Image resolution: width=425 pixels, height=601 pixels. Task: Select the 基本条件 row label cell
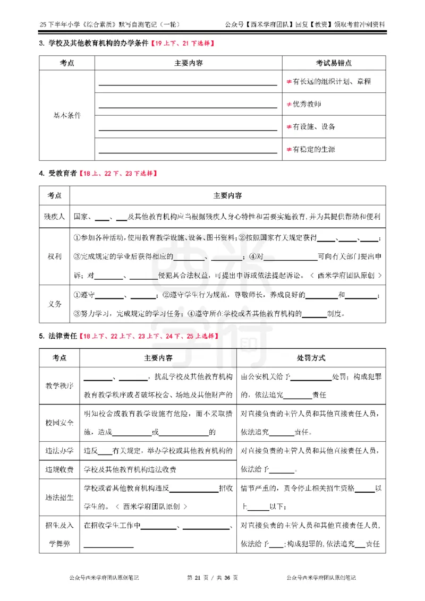[x=67, y=115]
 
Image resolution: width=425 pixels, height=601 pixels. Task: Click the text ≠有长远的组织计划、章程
[x=328, y=82]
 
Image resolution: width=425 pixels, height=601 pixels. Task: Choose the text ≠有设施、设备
[x=310, y=127]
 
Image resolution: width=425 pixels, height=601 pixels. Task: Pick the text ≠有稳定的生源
[x=310, y=149]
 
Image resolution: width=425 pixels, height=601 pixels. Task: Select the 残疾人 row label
[x=54, y=217]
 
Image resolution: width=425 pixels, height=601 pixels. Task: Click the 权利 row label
[x=54, y=256]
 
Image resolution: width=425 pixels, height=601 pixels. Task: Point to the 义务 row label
[x=54, y=304]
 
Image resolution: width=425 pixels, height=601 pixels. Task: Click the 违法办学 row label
[x=59, y=451]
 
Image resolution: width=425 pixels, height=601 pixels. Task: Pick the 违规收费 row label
[x=59, y=469]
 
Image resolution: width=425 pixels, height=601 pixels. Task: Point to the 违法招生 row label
[x=59, y=497]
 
